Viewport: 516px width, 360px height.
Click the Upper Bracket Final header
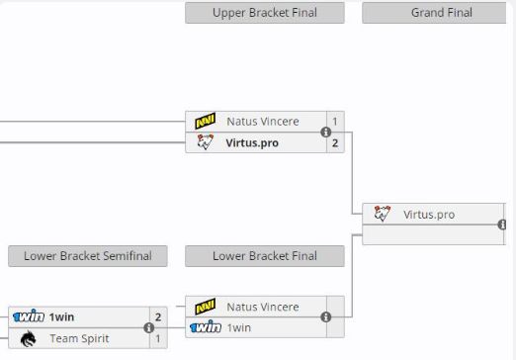265,13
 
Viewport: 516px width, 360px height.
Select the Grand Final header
434,13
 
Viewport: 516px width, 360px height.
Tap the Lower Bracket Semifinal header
88,256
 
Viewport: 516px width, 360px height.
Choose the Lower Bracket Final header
265,256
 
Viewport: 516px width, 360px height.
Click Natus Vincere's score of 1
335,122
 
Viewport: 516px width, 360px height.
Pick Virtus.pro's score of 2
335,143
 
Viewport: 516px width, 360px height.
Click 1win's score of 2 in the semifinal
158,317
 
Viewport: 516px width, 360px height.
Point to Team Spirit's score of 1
158,338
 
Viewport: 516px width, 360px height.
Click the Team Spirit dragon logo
29,338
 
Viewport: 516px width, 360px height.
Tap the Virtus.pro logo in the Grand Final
383,214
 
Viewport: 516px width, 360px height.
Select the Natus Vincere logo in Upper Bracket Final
206,121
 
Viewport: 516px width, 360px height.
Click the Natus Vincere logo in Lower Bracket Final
206,307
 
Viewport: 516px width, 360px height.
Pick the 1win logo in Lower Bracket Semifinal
29,316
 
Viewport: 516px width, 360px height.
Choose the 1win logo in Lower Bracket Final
206,327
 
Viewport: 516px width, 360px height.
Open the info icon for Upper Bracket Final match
326,133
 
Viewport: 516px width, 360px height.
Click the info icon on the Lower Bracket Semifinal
149,328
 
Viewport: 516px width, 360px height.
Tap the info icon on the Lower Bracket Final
326,317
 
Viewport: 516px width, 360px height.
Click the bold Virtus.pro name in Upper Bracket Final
252,143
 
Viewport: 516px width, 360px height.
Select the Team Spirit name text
79,338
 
